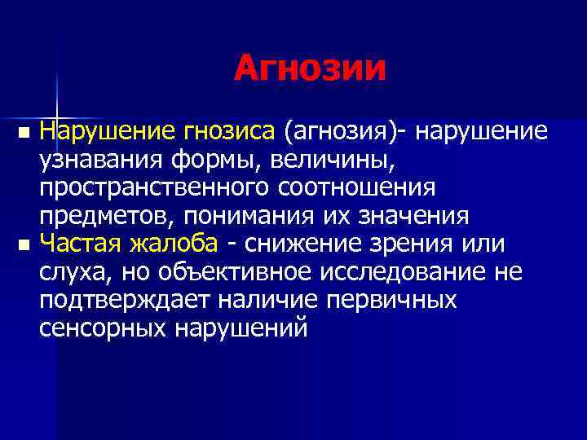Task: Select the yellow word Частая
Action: pos(81,244)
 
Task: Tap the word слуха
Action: pos(76,273)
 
